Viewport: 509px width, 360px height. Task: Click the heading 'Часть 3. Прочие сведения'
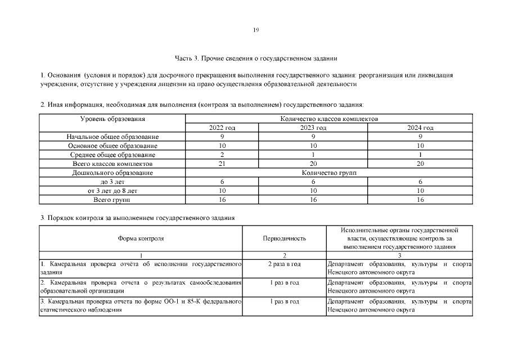coord(256,58)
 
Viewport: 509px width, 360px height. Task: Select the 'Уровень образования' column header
coord(112,119)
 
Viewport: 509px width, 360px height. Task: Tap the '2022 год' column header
coord(222,128)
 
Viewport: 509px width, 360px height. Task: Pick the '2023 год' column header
coord(313,128)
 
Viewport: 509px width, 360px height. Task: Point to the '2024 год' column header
coord(420,128)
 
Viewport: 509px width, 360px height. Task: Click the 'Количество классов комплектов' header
coord(329,119)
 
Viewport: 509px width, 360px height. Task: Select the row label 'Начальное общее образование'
coord(112,137)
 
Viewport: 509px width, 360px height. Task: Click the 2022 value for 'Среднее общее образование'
coord(222,155)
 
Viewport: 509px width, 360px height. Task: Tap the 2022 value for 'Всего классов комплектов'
coord(222,164)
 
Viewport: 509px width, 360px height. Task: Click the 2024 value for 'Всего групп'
coord(420,200)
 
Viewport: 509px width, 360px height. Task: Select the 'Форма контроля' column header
coord(141,238)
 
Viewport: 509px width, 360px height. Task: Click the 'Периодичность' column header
coord(285,238)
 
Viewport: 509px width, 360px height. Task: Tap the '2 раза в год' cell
coord(285,264)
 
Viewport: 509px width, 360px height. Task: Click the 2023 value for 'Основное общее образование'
coord(313,146)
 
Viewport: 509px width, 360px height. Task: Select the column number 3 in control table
coord(399,255)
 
